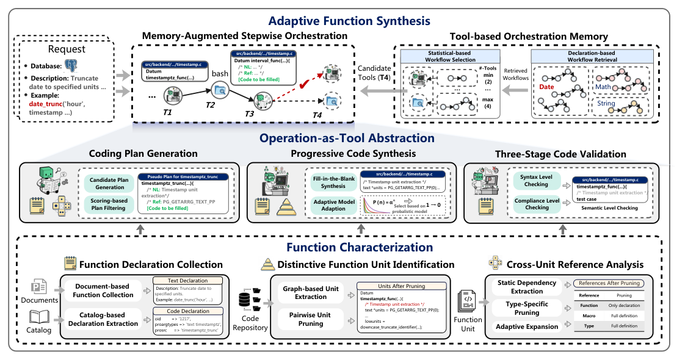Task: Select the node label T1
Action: tap(167, 113)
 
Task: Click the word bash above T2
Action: tap(219, 73)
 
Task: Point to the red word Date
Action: tap(546, 87)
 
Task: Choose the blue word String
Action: tap(606, 103)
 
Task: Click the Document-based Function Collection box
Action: tap(100, 291)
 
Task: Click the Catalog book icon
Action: tap(39, 317)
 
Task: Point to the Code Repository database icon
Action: tap(245, 300)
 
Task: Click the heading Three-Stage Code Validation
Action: tap(560, 153)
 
